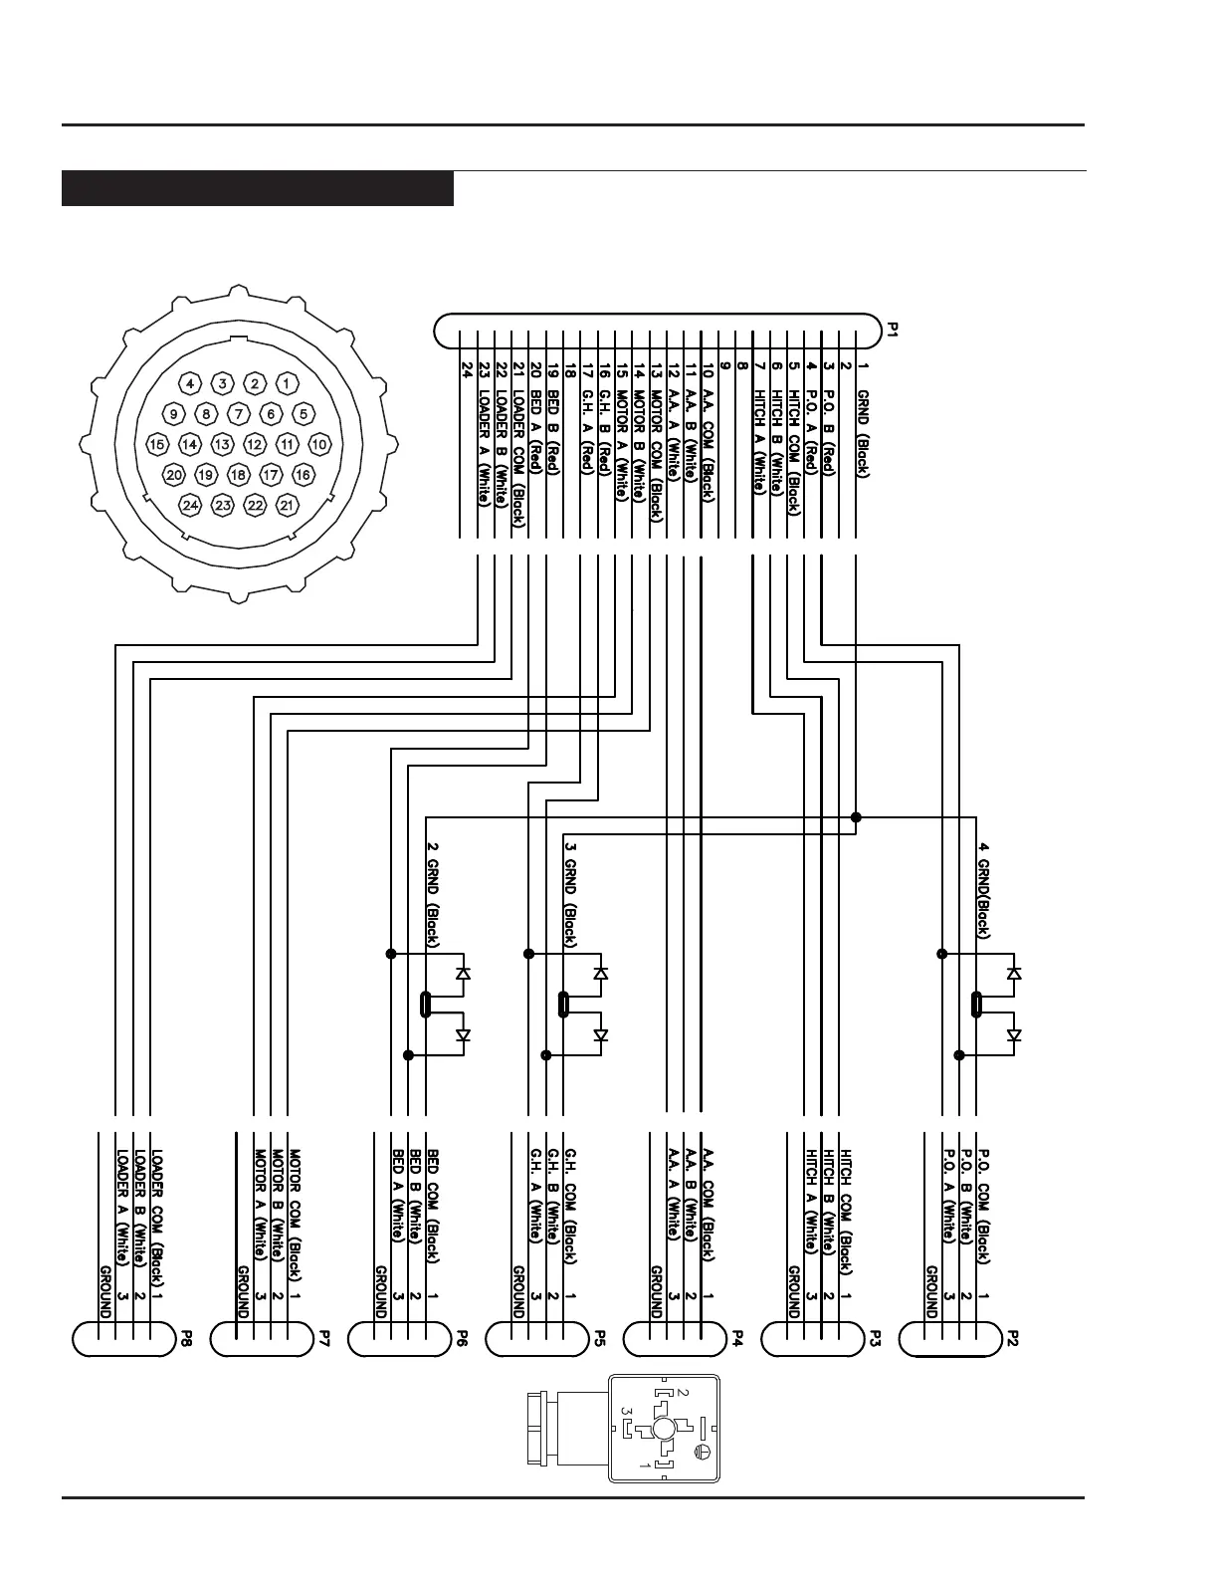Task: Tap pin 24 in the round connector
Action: pyautogui.click(x=190, y=506)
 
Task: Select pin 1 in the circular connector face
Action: pyautogui.click(x=287, y=383)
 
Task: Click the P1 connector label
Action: pyautogui.click(x=893, y=330)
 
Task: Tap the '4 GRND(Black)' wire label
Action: pyautogui.click(x=983, y=889)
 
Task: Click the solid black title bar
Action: pyautogui.click(x=258, y=189)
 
